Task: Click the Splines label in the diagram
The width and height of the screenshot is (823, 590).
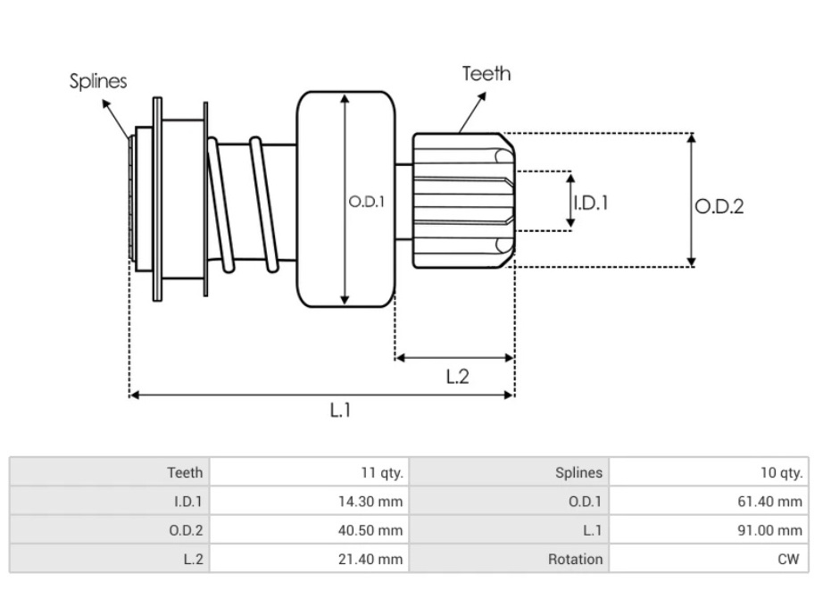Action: (x=98, y=81)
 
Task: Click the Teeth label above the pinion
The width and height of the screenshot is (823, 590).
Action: (x=486, y=73)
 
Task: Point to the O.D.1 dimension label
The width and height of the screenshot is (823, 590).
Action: (x=366, y=202)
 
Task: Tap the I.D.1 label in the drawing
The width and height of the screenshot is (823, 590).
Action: (x=590, y=203)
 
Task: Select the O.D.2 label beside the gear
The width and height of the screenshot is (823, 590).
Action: (x=719, y=206)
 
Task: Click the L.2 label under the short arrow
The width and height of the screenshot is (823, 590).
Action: (x=457, y=377)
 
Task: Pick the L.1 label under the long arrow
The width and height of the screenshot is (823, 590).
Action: (x=340, y=411)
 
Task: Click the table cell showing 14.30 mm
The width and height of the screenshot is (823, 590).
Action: (x=376, y=502)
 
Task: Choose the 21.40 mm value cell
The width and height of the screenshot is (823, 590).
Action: (x=376, y=559)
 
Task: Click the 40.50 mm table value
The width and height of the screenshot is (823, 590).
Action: (x=376, y=530)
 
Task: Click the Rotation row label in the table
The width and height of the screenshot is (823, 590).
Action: (x=576, y=559)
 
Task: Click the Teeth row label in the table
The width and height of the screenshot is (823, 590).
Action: (x=185, y=472)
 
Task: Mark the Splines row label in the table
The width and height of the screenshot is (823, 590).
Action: (x=578, y=472)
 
